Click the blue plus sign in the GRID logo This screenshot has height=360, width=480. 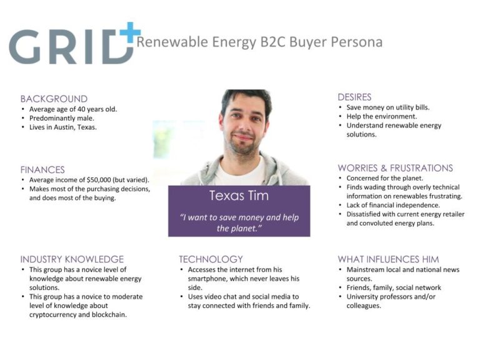[130, 32]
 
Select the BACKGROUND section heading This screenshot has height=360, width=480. [54, 99]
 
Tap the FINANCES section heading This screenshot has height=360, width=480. [42, 169]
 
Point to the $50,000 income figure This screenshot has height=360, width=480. [99, 180]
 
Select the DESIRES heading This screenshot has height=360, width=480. [354, 97]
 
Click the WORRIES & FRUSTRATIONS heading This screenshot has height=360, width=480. [395, 168]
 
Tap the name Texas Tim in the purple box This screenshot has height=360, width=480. [239, 196]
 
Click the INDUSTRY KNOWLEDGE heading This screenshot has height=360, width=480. [72, 259]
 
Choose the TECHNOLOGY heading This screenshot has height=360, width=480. [211, 259]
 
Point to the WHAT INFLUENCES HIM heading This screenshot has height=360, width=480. [389, 259]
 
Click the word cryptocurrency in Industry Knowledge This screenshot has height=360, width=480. [53, 315]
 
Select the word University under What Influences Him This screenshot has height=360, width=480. [363, 297]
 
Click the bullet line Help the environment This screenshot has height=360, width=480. [382, 117]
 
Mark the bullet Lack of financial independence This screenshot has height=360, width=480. [393, 205]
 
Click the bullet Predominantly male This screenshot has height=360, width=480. [62, 119]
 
